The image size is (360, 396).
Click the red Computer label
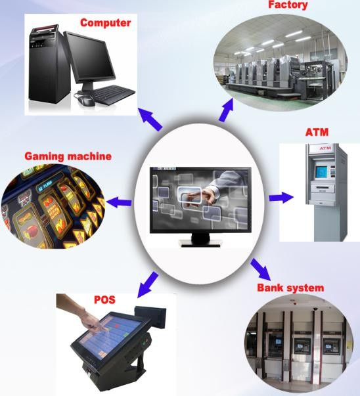105,23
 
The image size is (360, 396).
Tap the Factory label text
288,5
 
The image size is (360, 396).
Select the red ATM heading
317,133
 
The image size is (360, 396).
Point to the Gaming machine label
68,156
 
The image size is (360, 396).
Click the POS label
104,299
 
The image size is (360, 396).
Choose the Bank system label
290,288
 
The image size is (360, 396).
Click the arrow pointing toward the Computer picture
150,119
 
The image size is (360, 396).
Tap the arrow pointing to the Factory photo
226,110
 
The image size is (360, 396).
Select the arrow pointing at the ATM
281,198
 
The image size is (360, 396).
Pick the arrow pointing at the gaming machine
119,202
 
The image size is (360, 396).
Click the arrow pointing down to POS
148,285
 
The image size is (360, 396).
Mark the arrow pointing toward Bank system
261,270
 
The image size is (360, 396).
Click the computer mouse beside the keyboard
86,100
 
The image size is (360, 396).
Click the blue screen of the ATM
321,172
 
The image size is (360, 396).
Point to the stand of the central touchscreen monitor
200,240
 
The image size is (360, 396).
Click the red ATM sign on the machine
325,148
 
